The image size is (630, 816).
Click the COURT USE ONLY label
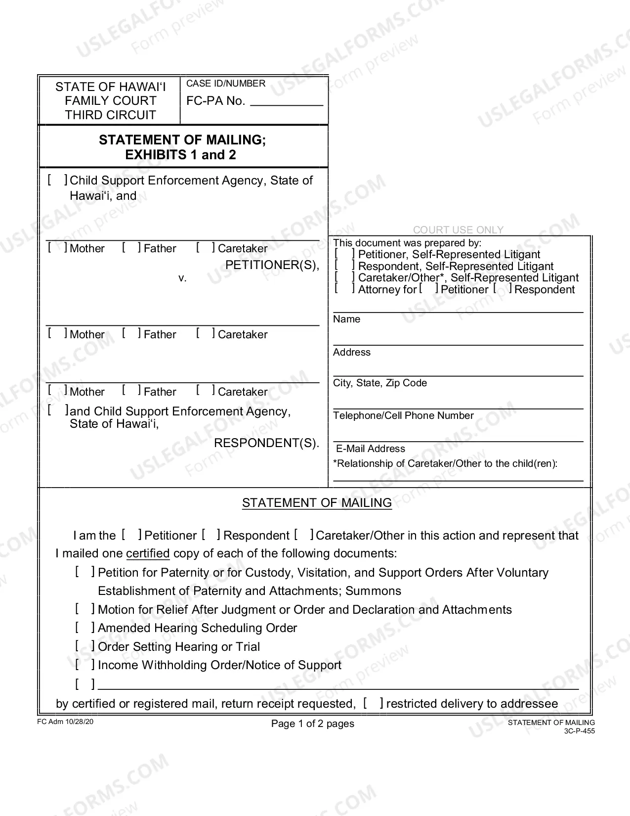(458, 230)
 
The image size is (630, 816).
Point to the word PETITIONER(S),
(272, 265)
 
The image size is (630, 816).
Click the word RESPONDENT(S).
(266, 443)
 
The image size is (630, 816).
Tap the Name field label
(346, 319)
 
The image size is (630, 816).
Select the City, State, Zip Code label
(379, 383)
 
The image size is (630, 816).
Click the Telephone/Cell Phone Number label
(403, 416)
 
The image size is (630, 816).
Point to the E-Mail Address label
(371, 449)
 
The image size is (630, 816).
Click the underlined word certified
(148, 553)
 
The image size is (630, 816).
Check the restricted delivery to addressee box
(373, 703)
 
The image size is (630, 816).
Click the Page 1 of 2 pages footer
(313, 724)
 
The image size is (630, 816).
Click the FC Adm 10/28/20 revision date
(65, 722)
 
